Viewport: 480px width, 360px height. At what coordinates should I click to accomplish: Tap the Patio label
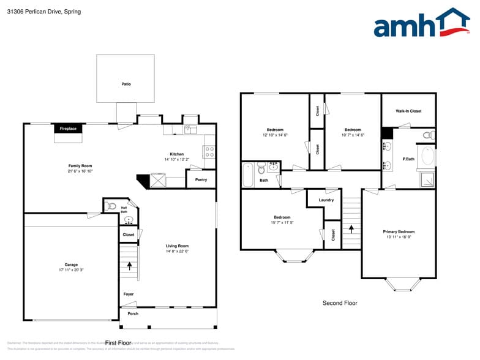[x=126, y=84]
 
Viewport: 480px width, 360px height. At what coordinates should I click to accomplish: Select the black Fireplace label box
[x=68, y=129]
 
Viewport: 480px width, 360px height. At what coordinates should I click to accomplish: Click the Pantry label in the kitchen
[x=201, y=179]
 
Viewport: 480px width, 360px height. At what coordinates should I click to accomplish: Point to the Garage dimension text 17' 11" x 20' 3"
[x=71, y=269]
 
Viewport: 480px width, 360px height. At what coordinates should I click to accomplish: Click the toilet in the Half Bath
[x=111, y=206]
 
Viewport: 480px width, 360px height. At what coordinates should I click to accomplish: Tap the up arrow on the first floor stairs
[x=129, y=266]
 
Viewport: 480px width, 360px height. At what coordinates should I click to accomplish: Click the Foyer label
[x=129, y=294]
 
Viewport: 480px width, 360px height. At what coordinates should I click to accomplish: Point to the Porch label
[x=133, y=313]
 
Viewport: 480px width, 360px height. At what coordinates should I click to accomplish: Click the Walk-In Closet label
[x=408, y=111]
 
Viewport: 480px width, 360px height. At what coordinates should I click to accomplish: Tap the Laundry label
[x=326, y=200]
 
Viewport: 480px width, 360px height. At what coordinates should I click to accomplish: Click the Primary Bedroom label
[x=399, y=231]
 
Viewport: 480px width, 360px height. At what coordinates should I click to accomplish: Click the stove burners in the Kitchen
[x=209, y=151]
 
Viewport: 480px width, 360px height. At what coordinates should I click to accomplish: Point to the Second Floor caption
[x=340, y=303]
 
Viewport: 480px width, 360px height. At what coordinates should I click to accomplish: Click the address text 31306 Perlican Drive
[x=35, y=12]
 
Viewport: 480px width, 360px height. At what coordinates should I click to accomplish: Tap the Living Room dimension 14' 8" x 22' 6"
[x=177, y=251]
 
